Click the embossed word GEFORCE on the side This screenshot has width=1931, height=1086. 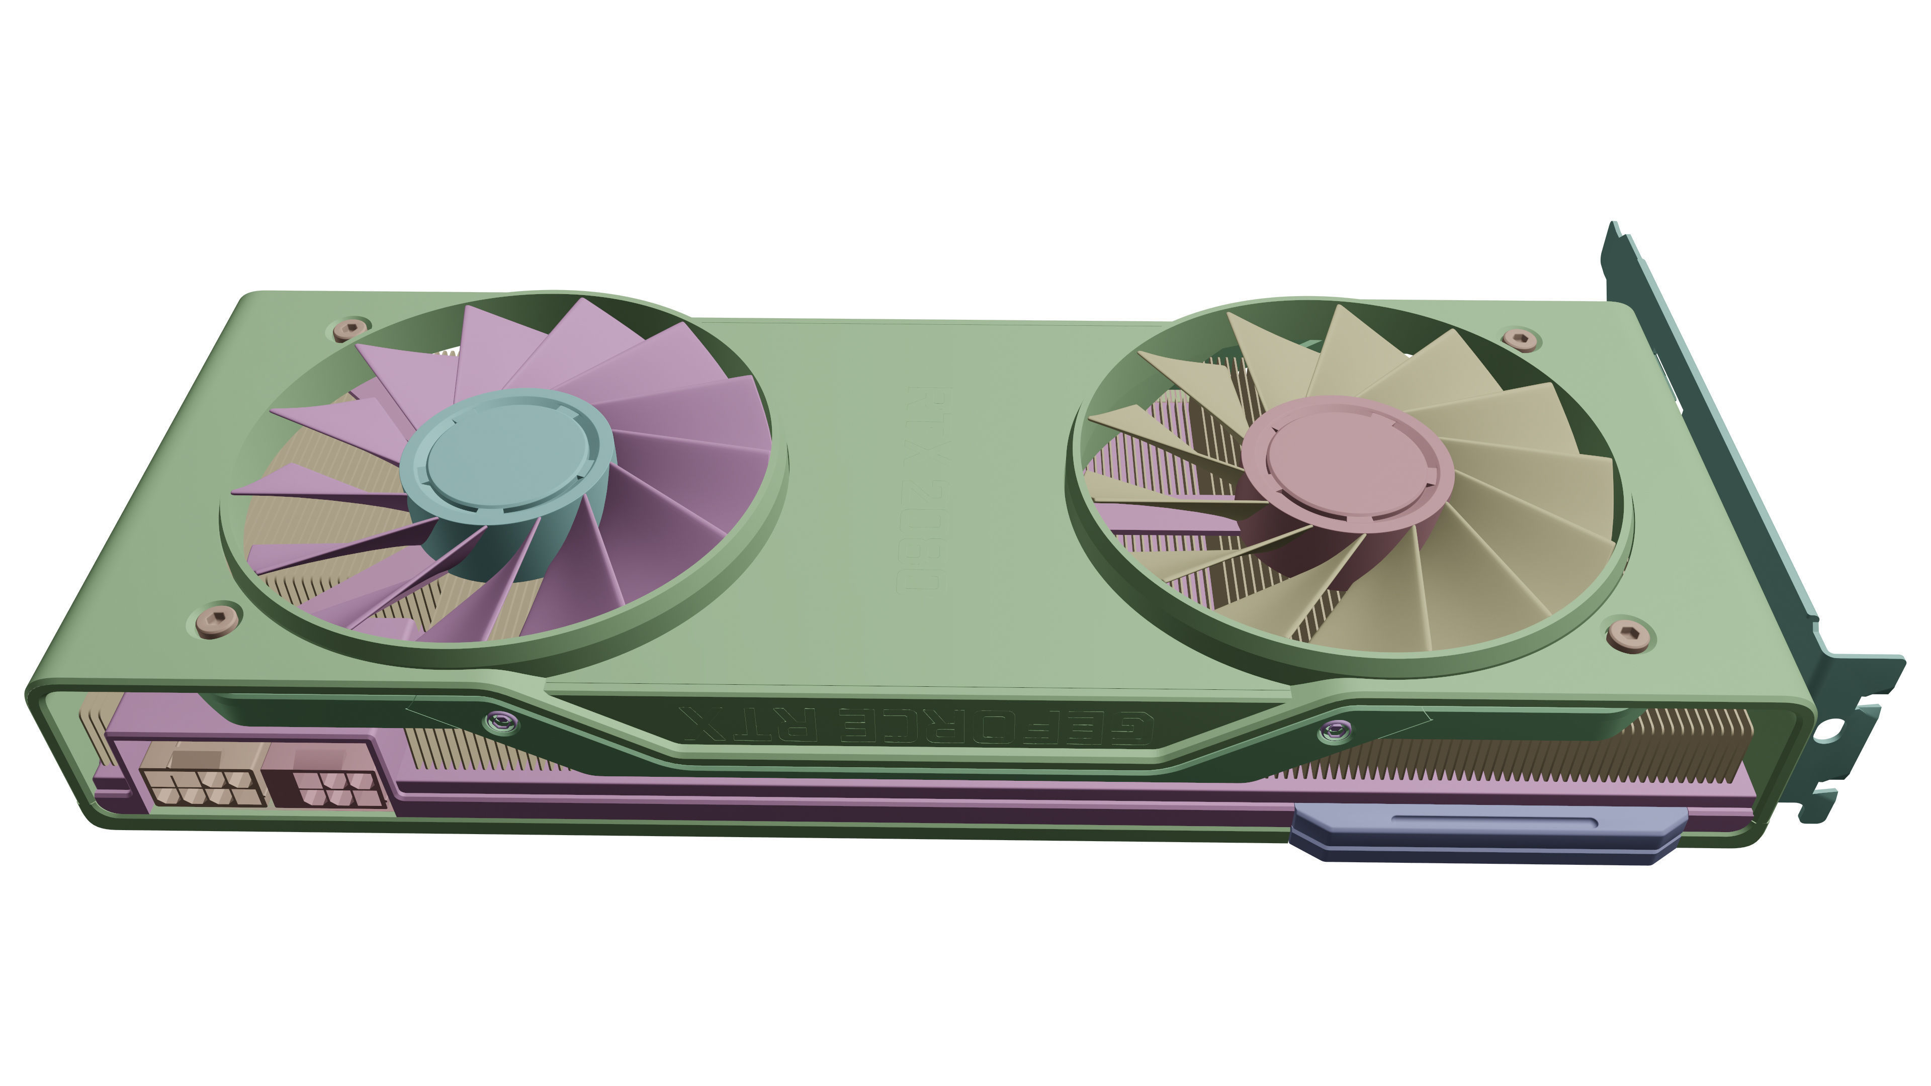tap(997, 726)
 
